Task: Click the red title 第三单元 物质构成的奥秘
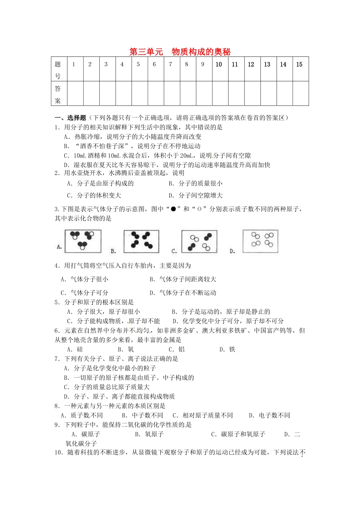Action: [180, 52]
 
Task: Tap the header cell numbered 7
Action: [171, 69]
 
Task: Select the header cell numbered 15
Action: [300, 69]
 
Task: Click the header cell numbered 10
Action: [219, 69]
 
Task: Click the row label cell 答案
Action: [58, 94]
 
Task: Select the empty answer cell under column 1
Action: [74, 94]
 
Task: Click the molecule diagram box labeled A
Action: [83, 241]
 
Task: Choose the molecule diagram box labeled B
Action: [141, 241]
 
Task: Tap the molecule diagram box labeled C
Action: [199, 241]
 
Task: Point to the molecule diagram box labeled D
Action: [260, 241]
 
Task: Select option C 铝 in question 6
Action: [177, 349]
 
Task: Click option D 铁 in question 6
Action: [227, 349]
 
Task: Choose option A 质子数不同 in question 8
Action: [82, 415]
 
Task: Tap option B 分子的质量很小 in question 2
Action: [196, 184]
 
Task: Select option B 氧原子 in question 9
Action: [149, 434]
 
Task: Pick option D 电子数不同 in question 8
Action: [269, 415]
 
